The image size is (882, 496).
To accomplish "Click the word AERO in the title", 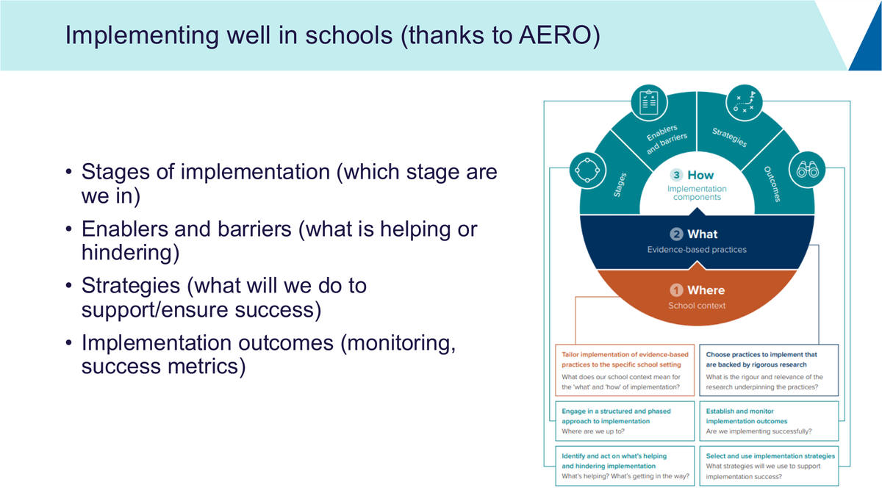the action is coord(554,35).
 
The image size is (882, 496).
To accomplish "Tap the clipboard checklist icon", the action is coord(649,103).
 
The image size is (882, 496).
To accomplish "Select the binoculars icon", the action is coord(808,170).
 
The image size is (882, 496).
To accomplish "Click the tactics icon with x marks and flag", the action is coord(744,102).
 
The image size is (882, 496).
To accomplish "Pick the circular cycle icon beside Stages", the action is coord(587,170).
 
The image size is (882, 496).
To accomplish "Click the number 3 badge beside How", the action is coord(676,175).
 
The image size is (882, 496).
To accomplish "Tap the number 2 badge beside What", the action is coord(676,234).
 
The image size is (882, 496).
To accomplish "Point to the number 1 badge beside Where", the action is coord(676,290).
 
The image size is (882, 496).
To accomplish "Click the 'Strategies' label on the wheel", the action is coord(730,137).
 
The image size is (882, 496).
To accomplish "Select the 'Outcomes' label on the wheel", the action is coord(772,184).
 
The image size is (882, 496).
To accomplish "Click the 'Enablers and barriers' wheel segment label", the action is coord(666,140).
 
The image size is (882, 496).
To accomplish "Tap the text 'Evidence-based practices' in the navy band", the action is coord(697,250).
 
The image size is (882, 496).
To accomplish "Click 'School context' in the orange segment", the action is coord(697,306).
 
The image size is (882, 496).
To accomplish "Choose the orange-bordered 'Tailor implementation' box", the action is coord(625,370).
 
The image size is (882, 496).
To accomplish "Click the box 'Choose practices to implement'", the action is coord(769,370).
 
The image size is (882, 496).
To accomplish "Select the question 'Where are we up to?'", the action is coord(593,431).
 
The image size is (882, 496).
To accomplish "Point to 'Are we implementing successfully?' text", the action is coord(759,431).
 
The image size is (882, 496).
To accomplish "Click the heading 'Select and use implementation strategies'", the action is coord(770,456).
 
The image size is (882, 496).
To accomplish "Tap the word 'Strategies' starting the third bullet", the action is coord(131,286).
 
